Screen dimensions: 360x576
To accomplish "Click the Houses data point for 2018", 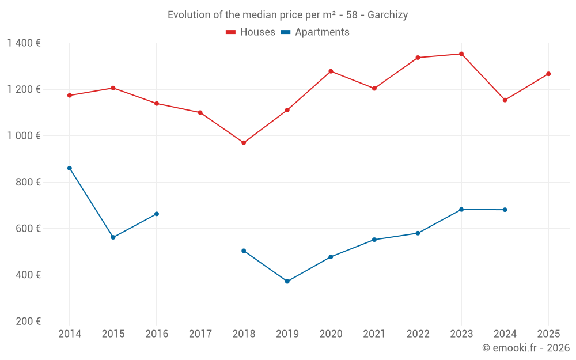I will click(244, 143).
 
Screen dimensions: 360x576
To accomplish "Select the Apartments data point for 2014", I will click(70, 168).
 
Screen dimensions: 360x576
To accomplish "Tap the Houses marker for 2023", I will click(461, 54).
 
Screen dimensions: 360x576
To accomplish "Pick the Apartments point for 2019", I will click(287, 282).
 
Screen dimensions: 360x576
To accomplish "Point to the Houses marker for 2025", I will click(548, 74).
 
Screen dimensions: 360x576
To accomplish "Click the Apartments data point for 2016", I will click(157, 214).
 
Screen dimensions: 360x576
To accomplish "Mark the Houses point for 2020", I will click(331, 71).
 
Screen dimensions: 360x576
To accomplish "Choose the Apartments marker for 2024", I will click(505, 210).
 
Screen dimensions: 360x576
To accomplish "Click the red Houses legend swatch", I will click(231, 32).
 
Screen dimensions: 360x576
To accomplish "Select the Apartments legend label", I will click(322, 32).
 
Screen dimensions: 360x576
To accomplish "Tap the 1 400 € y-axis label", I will click(24, 43).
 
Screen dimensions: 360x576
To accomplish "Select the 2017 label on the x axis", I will click(200, 334).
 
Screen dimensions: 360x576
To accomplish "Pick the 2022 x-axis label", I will click(418, 334).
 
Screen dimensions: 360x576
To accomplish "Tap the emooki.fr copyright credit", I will click(526, 348).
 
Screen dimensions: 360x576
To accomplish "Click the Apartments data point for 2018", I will click(244, 251).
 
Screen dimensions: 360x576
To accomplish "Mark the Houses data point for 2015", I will click(113, 88).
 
